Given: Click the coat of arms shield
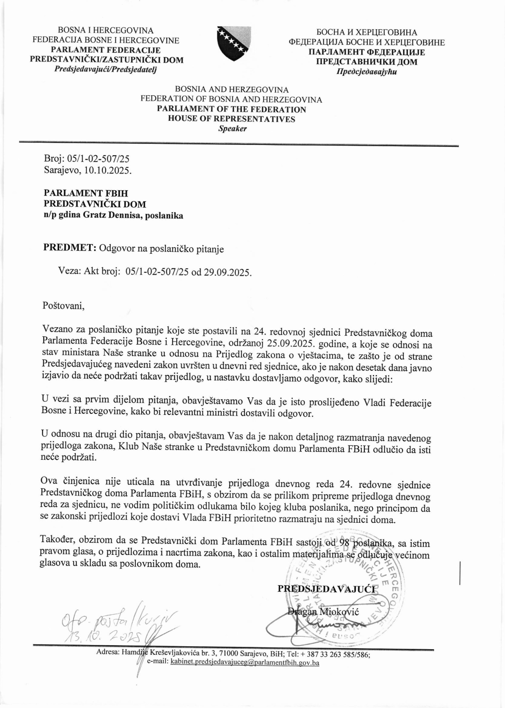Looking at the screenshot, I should [x=234, y=43].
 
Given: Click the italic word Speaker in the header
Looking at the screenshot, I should [x=232, y=129].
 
